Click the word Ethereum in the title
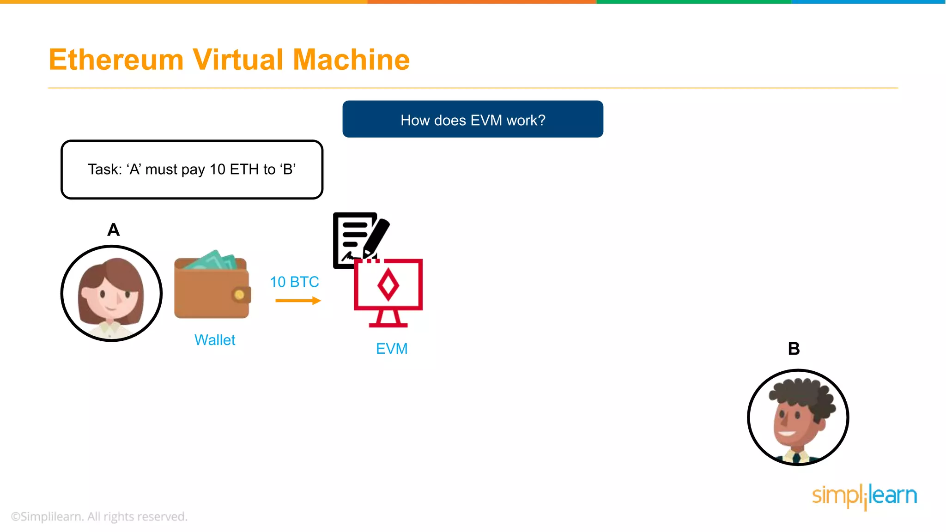(x=116, y=60)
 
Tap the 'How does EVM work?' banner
(x=473, y=120)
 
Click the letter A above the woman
(x=113, y=230)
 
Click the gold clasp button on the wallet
(x=239, y=295)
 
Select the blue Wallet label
(x=215, y=340)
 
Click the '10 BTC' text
(x=294, y=282)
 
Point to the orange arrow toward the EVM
(x=297, y=301)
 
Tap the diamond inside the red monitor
(x=388, y=285)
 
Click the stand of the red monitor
(x=388, y=319)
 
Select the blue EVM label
(x=392, y=349)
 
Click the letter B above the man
(x=794, y=349)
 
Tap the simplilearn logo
(x=864, y=496)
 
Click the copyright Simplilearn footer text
(x=99, y=516)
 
